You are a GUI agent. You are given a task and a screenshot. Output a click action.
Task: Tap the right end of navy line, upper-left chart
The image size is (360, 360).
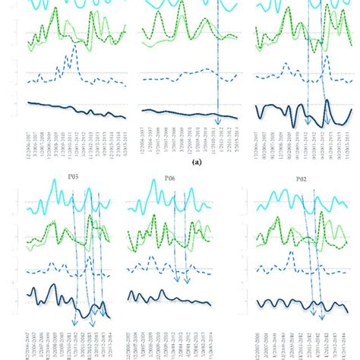[x=125, y=116]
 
